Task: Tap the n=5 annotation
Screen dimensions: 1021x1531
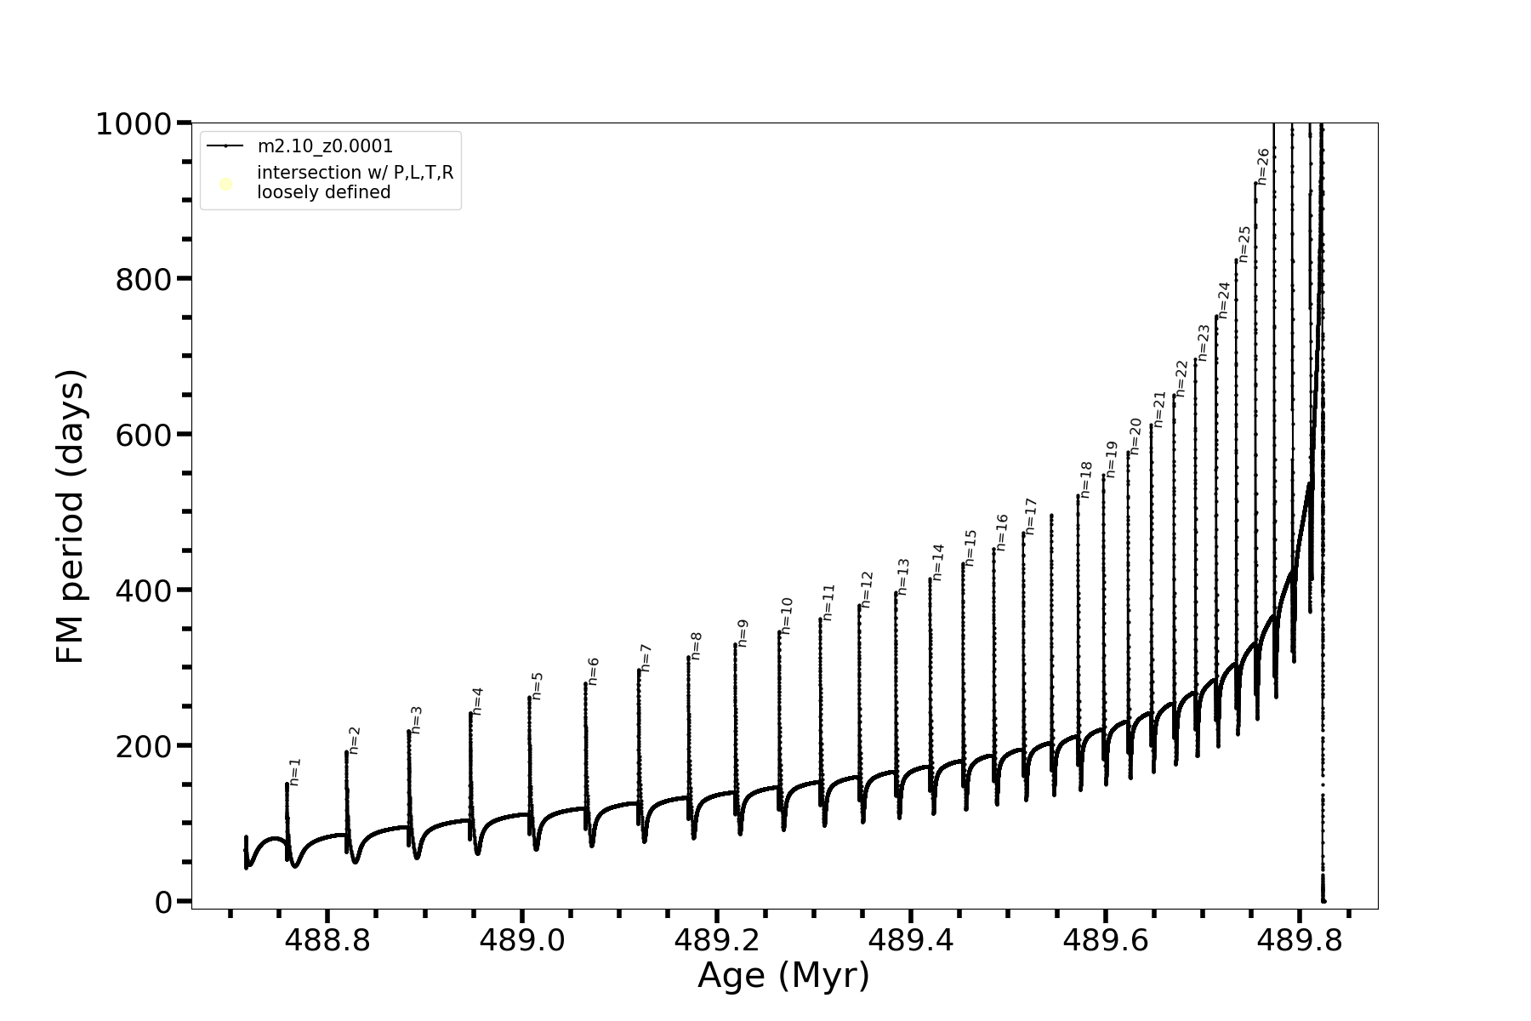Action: coord(537,686)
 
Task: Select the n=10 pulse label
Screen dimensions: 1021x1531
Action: coord(786,615)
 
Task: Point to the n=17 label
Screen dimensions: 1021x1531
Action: coord(1030,516)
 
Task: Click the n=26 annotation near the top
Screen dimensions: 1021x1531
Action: coord(1263,166)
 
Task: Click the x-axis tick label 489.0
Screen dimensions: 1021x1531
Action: coord(521,941)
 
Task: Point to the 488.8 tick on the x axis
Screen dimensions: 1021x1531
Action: coord(327,941)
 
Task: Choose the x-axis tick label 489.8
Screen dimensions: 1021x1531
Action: coord(1299,941)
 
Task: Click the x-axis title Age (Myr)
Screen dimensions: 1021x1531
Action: coord(783,976)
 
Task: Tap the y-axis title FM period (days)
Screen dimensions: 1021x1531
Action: coord(71,516)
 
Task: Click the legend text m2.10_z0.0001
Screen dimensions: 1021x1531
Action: coord(325,146)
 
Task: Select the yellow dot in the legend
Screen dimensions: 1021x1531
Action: coord(226,184)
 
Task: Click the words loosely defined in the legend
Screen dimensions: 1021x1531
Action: coord(324,193)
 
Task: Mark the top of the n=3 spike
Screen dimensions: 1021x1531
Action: coord(409,732)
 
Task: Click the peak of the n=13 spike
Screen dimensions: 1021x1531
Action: coord(896,593)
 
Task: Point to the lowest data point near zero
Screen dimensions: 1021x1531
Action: coord(1323,900)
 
